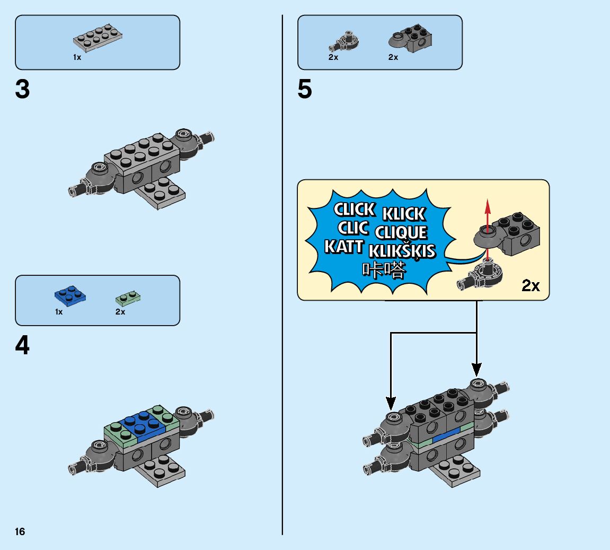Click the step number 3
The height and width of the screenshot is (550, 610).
click(x=22, y=90)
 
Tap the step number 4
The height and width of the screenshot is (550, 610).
click(x=22, y=346)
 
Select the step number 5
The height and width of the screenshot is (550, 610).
click(x=305, y=90)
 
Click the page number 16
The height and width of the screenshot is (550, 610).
click(x=20, y=531)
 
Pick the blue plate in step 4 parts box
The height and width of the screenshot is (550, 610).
click(x=70, y=295)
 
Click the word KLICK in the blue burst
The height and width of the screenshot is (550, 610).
click(x=404, y=214)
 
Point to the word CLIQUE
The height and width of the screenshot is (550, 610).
click(x=401, y=232)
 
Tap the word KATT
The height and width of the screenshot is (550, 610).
click(x=344, y=247)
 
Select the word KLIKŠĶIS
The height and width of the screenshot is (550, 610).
click(x=402, y=251)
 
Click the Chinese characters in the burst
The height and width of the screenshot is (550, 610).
click(x=384, y=270)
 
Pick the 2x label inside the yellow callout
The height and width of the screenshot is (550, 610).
click(x=531, y=286)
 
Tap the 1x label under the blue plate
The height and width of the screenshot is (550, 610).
click(x=59, y=312)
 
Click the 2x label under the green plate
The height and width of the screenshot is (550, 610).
click(x=120, y=312)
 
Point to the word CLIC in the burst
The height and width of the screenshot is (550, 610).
click(x=353, y=229)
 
